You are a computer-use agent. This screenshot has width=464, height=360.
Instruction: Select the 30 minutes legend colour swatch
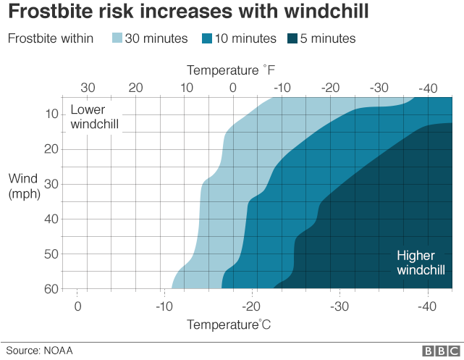coord(117,38)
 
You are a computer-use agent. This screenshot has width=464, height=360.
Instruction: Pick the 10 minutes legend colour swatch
coord(207,38)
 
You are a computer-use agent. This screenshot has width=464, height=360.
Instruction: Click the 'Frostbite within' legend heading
coord(51,38)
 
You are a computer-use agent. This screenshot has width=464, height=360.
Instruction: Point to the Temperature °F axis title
coord(231,70)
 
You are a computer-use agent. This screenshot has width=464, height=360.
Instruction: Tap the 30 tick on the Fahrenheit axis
coord(88,88)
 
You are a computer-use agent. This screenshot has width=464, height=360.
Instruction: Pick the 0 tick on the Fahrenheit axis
coord(233,88)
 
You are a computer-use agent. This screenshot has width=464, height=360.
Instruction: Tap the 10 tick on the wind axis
coord(52,114)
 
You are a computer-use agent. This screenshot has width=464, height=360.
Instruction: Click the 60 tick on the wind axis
coord(52,289)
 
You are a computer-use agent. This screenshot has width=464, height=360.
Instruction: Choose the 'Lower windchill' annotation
coord(94,117)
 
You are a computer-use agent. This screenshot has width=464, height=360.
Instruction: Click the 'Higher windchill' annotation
coord(421,262)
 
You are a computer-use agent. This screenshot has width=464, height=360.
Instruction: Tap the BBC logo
coord(440,351)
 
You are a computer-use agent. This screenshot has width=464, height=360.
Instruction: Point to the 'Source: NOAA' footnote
coord(40,351)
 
